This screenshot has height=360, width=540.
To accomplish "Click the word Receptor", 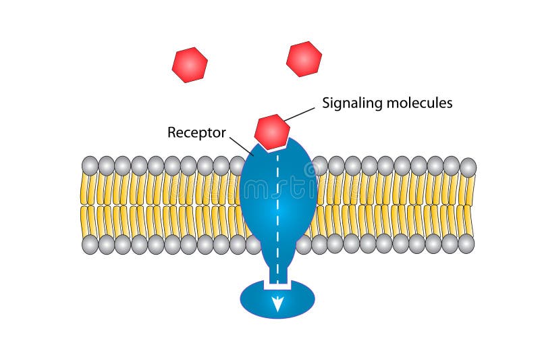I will tap(196, 132).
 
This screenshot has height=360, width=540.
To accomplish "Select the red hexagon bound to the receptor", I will tap(272, 132).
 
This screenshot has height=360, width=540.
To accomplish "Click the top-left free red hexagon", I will tap(190, 65).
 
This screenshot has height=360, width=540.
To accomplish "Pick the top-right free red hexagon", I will tap(304, 59).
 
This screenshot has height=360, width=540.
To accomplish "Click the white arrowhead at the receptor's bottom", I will tap(277, 305).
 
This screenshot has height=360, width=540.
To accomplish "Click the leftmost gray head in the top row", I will tap(90, 165).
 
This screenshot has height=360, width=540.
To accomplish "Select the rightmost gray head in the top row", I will tap(467, 167).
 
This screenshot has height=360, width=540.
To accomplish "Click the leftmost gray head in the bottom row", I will tap(90, 244).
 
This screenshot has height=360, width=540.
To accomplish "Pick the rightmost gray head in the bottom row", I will tap(466, 244).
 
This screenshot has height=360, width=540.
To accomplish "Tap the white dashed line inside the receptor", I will tap(277, 203).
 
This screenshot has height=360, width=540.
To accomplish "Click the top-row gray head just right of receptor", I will tap(320, 165).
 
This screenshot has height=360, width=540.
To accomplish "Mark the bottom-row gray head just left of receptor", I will tap(238, 244).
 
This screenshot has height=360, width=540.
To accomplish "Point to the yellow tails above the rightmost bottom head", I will tap(466, 220).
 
